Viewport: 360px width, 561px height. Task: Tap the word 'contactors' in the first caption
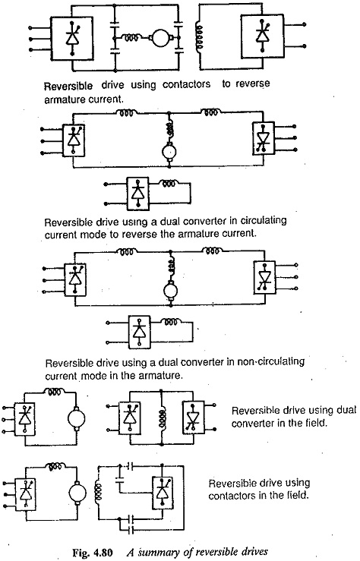click(186, 84)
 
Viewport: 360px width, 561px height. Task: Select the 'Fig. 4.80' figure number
click(93, 552)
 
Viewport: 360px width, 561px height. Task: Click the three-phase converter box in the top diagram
click(72, 39)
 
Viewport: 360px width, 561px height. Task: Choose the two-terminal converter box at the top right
click(263, 36)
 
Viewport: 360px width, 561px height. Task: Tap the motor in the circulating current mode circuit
click(169, 152)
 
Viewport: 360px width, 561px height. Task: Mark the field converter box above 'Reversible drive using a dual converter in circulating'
click(138, 194)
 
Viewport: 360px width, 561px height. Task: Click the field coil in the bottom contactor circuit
click(98, 492)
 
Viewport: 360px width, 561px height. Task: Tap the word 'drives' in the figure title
click(254, 552)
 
